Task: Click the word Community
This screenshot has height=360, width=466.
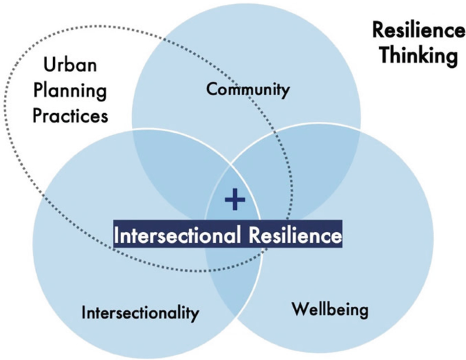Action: tap(248, 89)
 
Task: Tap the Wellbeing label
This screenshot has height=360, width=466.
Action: tap(330, 310)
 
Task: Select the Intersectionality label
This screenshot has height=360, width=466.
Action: tap(140, 313)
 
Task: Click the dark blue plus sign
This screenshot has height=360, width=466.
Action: tap(234, 199)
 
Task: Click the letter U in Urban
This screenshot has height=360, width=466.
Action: tap(48, 66)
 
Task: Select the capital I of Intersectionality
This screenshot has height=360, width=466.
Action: tap(84, 312)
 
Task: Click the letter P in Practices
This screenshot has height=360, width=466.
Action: tap(41, 116)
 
